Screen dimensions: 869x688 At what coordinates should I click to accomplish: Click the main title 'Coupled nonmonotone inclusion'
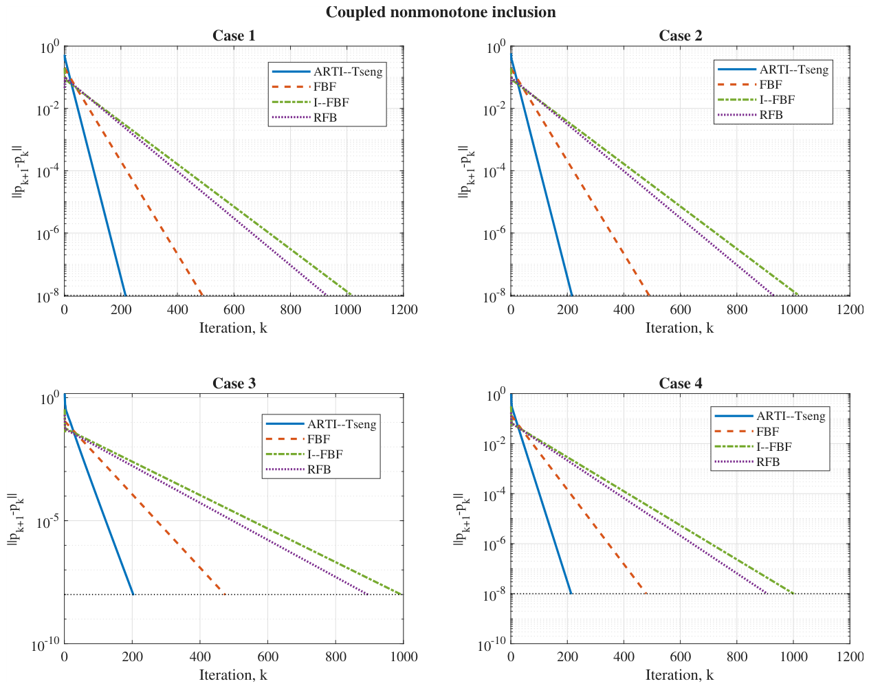click(x=441, y=12)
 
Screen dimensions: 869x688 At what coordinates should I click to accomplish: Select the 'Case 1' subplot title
click(x=234, y=36)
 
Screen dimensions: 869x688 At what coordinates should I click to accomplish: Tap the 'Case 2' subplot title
click(x=681, y=36)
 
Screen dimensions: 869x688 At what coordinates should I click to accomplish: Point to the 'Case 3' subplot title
click(x=234, y=383)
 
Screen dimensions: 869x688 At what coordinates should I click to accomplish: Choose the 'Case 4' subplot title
click(x=681, y=383)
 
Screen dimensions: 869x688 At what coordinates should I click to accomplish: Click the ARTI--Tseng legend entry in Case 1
click(x=327, y=71)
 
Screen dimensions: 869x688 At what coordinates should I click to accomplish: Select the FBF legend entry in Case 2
click(x=750, y=85)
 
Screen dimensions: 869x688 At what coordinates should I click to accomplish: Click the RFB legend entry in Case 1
click(x=304, y=118)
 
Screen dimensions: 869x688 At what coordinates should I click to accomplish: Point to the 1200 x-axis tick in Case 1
click(x=404, y=310)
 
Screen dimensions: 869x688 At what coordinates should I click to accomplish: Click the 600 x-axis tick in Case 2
click(x=680, y=310)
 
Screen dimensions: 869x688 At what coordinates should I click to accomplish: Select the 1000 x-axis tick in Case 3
click(x=404, y=657)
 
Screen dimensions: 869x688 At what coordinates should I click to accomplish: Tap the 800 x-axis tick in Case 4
click(x=736, y=657)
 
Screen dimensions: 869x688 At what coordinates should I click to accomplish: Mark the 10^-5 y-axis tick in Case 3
click(x=47, y=522)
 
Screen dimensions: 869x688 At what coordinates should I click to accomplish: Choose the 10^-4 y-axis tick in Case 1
click(x=47, y=172)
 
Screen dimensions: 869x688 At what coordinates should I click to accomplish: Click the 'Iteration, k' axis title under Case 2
click(x=680, y=328)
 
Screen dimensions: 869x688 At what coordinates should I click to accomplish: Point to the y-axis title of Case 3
click(x=16, y=519)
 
